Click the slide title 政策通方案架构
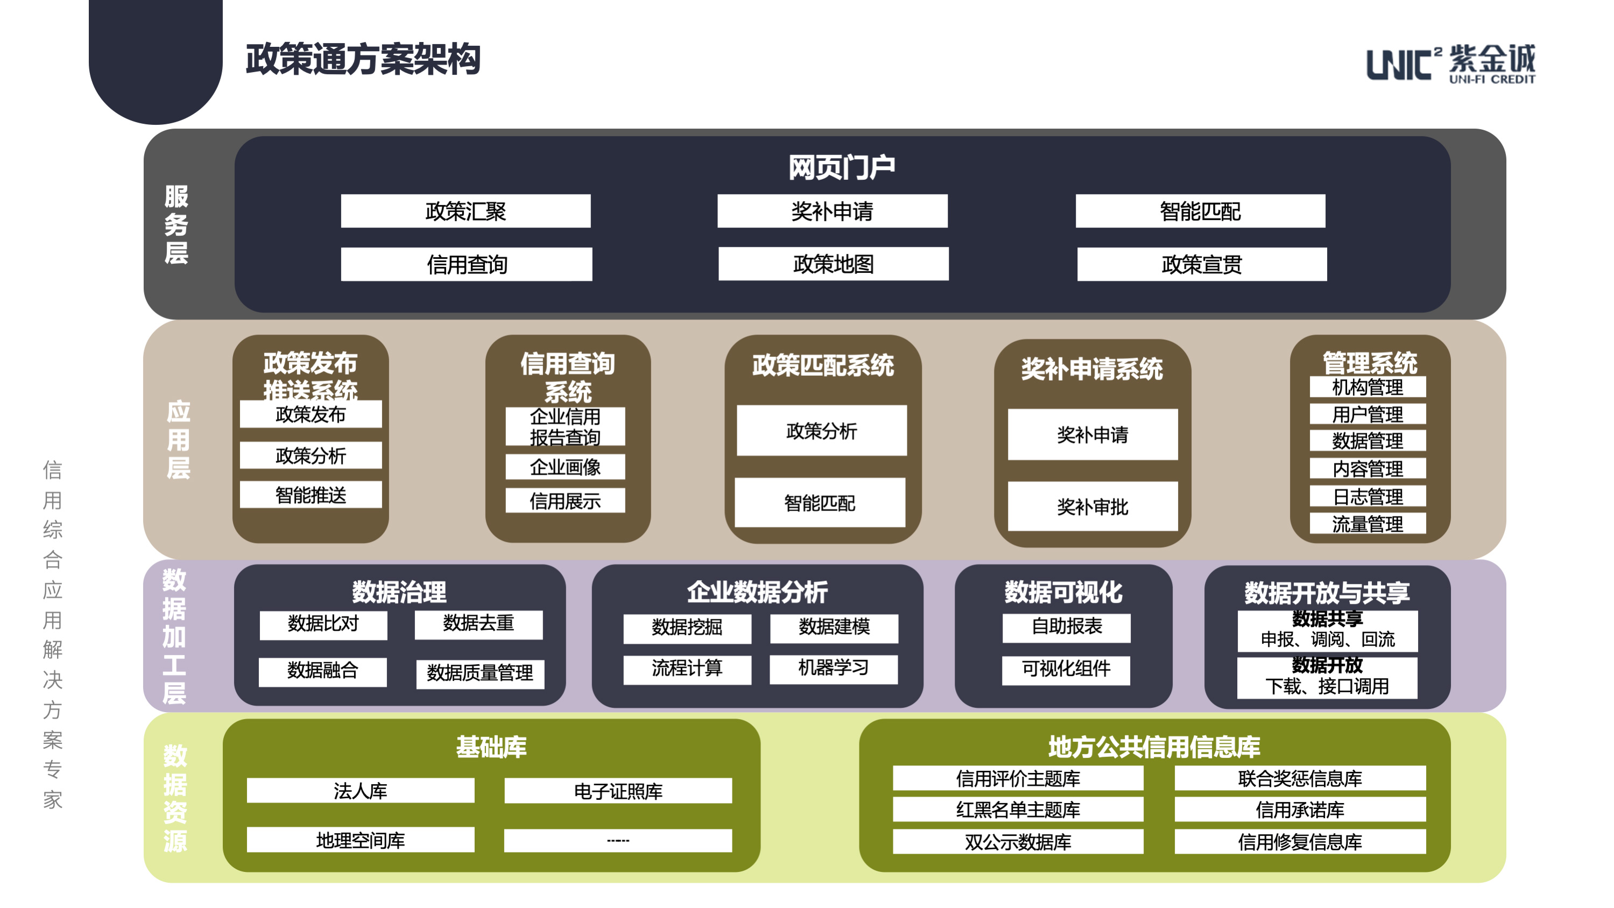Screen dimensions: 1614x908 click(363, 60)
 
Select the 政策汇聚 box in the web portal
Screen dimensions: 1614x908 click(466, 211)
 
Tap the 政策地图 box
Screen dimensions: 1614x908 click(833, 264)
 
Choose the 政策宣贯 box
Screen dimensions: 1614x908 click(1202, 264)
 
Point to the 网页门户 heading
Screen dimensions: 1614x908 click(842, 167)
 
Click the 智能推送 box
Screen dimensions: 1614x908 click(311, 495)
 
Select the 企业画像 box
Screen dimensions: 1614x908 click(565, 467)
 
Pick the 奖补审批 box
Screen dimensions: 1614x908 click(1093, 506)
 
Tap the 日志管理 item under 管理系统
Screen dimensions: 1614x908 click(1368, 496)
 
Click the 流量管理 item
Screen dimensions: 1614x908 click(1368, 523)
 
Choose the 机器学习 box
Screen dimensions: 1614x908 click(833, 668)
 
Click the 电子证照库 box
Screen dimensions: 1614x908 click(618, 791)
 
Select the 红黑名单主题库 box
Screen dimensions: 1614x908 click(1018, 810)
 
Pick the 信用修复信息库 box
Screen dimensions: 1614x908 click(1300, 842)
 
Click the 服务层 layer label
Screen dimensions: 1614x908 click(176, 224)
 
